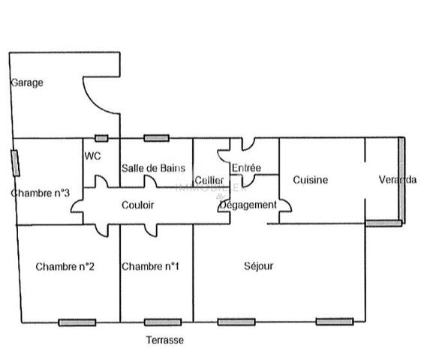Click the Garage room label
pyautogui.click(x=27, y=82)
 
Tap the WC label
pyautogui.click(x=92, y=156)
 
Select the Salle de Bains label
pyautogui.click(x=153, y=168)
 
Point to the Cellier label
pyautogui.click(x=209, y=180)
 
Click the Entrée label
pyautogui.click(x=246, y=168)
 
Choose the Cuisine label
pyautogui.click(x=311, y=180)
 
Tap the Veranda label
pyautogui.click(x=398, y=179)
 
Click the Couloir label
pyautogui.click(x=137, y=205)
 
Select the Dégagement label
pyautogui.click(x=248, y=205)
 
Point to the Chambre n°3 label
pyautogui.click(x=41, y=193)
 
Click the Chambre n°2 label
pyautogui.click(x=65, y=267)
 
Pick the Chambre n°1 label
pyautogui.click(x=150, y=266)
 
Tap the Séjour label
pyautogui.click(x=258, y=266)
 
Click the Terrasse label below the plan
pyautogui.click(x=165, y=340)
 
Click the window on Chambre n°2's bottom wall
pyautogui.click(x=77, y=322)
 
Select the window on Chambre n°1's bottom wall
pyautogui.click(x=163, y=322)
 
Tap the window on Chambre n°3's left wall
pyautogui.click(x=16, y=163)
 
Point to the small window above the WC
pyautogui.click(x=101, y=139)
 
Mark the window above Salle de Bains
pyautogui.click(x=157, y=138)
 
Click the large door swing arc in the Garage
pyautogui.click(x=93, y=102)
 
